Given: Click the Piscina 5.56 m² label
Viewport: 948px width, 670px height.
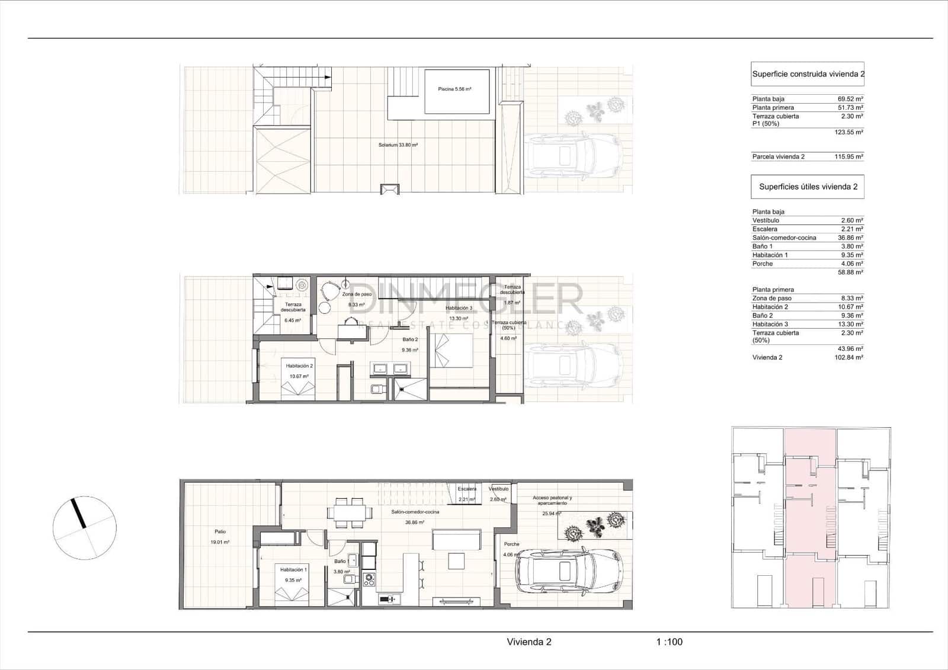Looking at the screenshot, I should (454, 89).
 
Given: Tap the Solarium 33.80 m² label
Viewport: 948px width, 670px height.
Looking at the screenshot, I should (398, 145).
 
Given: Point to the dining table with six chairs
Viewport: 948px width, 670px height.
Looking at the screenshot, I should (350, 513).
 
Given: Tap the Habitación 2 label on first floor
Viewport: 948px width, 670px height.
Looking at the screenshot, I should (299, 366).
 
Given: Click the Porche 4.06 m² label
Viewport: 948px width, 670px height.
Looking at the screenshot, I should (511, 544).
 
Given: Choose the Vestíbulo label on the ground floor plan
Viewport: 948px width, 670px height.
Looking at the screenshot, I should (498, 489).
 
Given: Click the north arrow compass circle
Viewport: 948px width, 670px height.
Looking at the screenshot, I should (85, 528).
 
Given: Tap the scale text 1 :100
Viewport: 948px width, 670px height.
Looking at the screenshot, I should (669, 642).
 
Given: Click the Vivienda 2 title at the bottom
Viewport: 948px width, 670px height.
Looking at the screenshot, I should (529, 642).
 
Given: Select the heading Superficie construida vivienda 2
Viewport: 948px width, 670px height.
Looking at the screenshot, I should (808, 75).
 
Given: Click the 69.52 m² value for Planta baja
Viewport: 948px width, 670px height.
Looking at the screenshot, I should (850, 99).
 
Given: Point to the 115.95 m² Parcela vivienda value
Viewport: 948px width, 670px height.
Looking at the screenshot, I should (850, 157).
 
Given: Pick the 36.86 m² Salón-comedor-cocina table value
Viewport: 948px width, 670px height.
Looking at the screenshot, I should (850, 238).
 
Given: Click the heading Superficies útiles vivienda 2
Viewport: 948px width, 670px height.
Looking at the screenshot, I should (808, 187).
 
